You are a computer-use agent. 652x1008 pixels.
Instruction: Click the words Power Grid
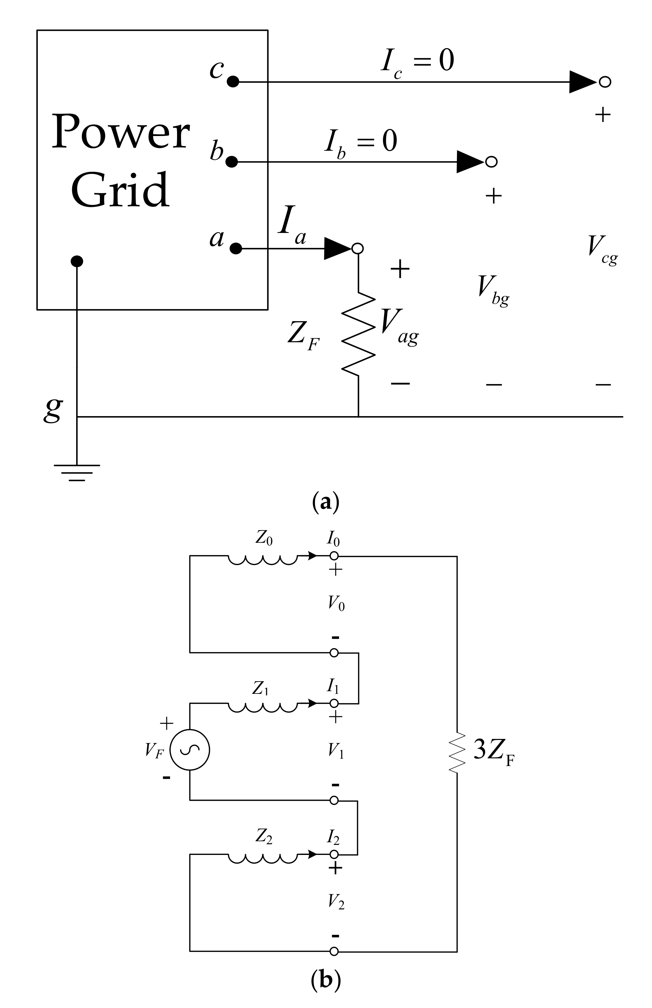pos(121,161)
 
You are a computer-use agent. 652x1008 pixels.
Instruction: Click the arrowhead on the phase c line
pos(582,82)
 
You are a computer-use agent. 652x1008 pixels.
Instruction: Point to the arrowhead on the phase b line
pos(470,162)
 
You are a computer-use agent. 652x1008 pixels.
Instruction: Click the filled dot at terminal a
pos(236,249)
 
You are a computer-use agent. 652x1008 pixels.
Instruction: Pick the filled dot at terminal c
pos(233,82)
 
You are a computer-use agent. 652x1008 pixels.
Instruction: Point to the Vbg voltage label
pos(493,290)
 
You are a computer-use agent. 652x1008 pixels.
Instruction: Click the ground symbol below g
pos(76,472)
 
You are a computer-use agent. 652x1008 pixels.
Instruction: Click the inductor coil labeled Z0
pos(263,560)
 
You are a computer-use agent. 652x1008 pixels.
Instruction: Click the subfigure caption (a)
pos(325,503)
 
